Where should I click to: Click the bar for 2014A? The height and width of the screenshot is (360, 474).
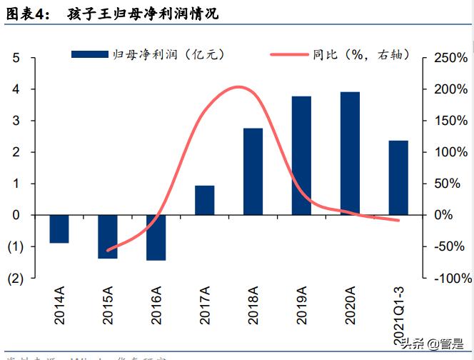(x=59, y=229)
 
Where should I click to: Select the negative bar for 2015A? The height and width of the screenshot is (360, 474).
(x=108, y=236)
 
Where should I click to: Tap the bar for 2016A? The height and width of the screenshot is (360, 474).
(x=156, y=237)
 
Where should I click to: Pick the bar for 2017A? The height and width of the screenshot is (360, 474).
(x=204, y=200)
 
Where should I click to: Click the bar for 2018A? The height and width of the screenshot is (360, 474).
(x=253, y=171)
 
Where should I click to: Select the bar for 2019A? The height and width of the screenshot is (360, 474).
(x=301, y=155)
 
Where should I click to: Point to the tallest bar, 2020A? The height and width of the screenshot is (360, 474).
(x=350, y=153)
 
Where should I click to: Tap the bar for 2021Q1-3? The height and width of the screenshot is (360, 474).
(x=398, y=177)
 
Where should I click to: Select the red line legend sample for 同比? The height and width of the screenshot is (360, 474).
(x=289, y=54)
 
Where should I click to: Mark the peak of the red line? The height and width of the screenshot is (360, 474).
(x=239, y=87)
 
